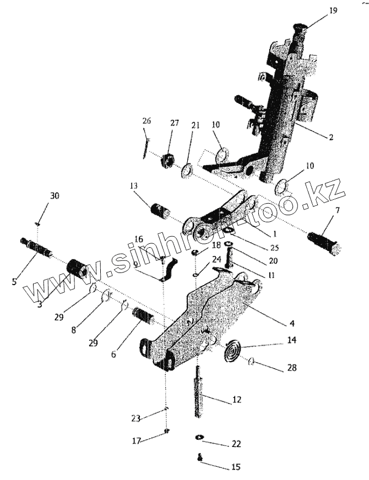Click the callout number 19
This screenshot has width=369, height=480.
tap(333, 10)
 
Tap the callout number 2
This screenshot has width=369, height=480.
tap(330, 137)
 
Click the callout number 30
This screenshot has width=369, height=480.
tap(55, 195)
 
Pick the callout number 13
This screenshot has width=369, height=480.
tap(133, 186)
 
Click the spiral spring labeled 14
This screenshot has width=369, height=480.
tap(233, 351)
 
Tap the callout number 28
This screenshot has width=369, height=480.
tap(292, 367)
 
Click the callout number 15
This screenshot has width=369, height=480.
tap(236, 467)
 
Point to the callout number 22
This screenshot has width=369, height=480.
tap(236, 443)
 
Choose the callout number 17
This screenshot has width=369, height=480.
tap(136, 441)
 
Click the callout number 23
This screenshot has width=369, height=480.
tap(135, 418)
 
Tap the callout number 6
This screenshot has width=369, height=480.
tap(113, 354)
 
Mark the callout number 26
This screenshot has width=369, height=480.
tap(146, 121)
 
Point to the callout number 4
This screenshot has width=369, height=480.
tap(292, 323)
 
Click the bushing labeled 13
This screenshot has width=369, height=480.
tap(160, 211)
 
